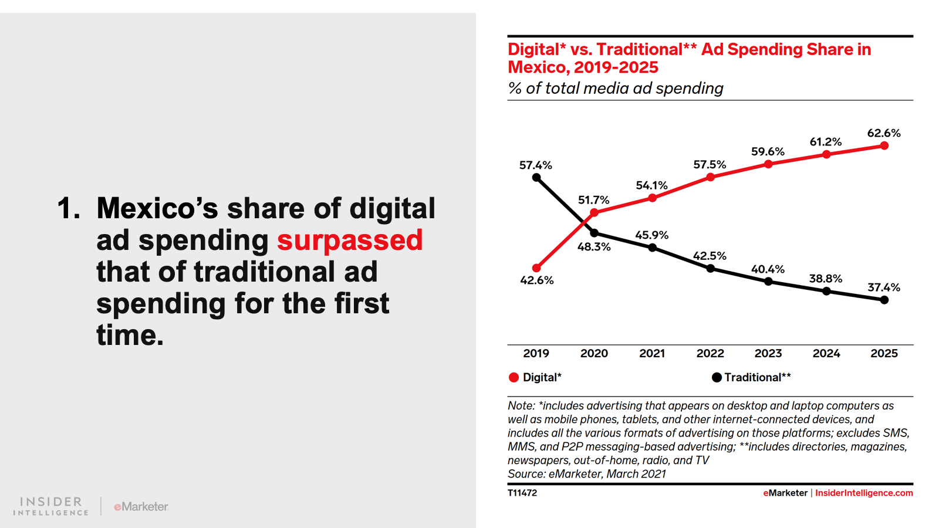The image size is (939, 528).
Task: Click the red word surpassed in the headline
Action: coord(350,241)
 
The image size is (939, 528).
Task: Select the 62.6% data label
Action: coord(884,133)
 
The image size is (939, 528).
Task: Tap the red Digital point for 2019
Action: coord(536,268)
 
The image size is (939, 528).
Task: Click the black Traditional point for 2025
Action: coord(884,300)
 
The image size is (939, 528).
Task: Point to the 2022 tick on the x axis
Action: coord(710,353)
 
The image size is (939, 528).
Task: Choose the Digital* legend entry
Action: coord(535,377)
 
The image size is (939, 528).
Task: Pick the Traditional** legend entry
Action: coord(751,377)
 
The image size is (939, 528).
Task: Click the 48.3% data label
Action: coord(594,247)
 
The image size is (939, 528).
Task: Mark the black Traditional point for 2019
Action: coord(536,178)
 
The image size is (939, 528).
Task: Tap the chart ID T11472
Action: coord(522,493)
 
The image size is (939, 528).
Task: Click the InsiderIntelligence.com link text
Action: coord(864,493)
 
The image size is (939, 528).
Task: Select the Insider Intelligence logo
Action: coord(51,506)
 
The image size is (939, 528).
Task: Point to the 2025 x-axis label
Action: coord(884,353)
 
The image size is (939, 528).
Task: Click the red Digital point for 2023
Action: coord(768,164)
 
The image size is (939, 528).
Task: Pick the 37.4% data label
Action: coord(884,287)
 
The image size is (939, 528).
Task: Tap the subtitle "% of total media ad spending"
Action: coord(616,88)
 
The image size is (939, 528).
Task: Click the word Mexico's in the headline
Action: coord(157,208)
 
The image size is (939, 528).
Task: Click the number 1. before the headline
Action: coord(69,208)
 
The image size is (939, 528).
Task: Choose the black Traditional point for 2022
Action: coord(710,269)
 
